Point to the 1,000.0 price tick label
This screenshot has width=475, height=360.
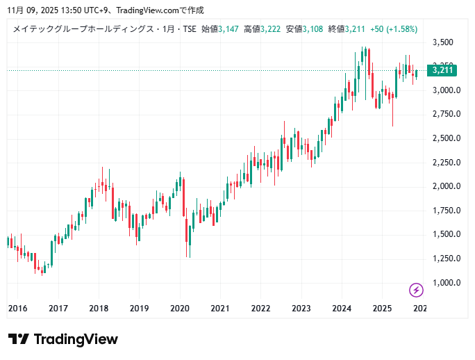click(x=447, y=283)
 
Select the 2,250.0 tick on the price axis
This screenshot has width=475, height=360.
click(x=447, y=163)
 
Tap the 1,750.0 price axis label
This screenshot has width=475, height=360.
click(x=447, y=211)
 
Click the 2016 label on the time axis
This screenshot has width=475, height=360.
click(x=17, y=308)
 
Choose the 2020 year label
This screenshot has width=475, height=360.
click(x=180, y=308)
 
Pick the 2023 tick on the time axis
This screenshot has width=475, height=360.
click(x=301, y=308)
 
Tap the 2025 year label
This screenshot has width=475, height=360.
click(x=381, y=308)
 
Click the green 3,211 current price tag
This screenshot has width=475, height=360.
click(x=442, y=70)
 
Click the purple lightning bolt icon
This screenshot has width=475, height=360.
click(x=416, y=290)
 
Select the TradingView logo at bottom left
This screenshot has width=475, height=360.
click(x=63, y=339)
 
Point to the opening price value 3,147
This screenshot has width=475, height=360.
click(x=228, y=29)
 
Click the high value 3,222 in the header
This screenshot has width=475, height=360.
click(x=271, y=29)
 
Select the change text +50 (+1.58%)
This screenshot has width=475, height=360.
click(x=393, y=29)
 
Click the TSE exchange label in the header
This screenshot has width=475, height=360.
click(x=189, y=29)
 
